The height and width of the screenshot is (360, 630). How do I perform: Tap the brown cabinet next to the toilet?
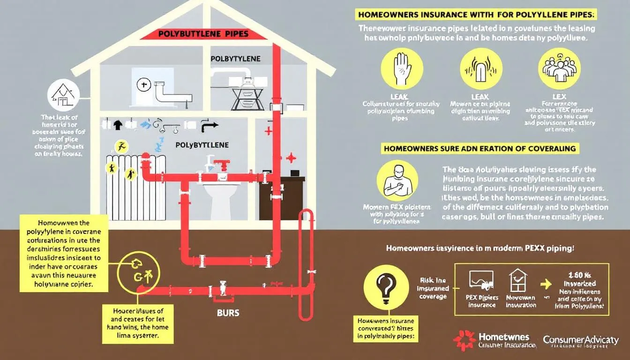click(282, 197)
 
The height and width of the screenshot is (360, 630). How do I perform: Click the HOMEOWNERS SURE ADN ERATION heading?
click(480, 149)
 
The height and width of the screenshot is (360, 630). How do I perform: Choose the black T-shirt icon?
click(118, 125)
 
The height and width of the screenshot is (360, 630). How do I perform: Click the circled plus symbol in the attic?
click(142, 85)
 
